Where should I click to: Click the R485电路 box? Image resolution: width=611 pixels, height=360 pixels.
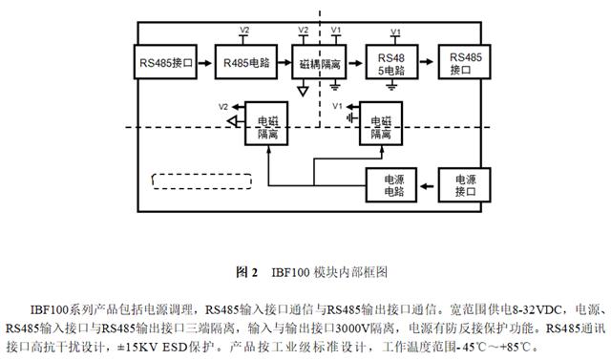coord(242,63)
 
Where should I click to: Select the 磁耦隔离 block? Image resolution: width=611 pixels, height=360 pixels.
coord(320,63)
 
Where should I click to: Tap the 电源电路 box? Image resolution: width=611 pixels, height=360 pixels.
coord(393,184)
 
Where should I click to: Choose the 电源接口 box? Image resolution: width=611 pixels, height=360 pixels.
coord(463,184)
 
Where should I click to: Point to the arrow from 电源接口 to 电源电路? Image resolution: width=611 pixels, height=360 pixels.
coord(429,184)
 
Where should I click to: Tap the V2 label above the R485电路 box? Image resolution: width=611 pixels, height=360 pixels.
coord(244,30)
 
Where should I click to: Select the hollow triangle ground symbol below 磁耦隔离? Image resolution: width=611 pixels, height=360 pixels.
coord(303,92)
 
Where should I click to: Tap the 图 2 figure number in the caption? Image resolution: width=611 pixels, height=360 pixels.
coord(247,272)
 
